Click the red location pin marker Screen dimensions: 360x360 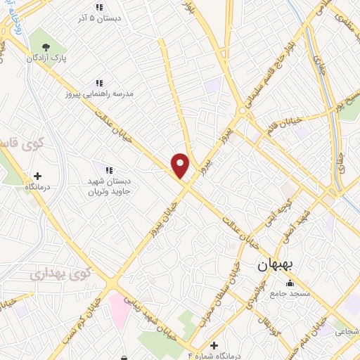(x=181, y=165)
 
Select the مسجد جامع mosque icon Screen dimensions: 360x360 (x=290, y=283)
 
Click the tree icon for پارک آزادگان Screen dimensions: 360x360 (x=45, y=46)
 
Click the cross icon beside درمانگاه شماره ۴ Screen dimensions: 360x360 (x=214, y=345)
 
